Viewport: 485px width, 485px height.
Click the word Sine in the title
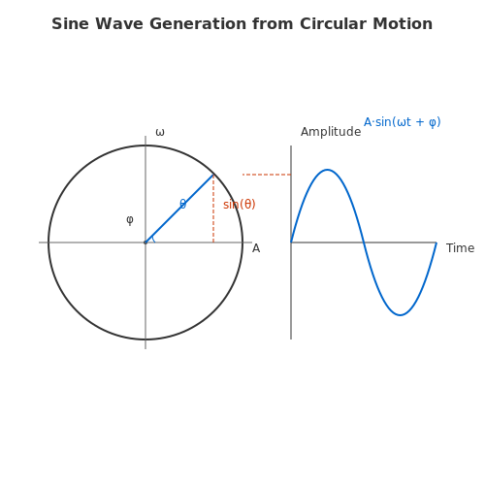click(x=71, y=24)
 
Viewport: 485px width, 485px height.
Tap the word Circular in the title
click(x=333, y=24)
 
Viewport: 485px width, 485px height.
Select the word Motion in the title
click(x=403, y=24)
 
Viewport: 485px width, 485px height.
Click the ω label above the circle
click(x=160, y=133)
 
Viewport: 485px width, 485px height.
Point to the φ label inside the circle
click(x=130, y=220)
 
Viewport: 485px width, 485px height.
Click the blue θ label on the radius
click(x=182, y=204)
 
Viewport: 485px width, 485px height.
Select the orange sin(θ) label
click(x=240, y=205)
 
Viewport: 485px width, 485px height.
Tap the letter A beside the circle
click(x=256, y=248)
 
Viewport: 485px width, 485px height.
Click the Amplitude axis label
click(x=331, y=132)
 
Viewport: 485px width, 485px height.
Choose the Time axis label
click(x=461, y=248)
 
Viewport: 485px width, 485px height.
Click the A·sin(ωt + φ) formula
click(x=403, y=122)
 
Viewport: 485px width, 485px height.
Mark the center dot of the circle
click(x=145, y=242)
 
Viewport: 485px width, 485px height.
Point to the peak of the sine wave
click(x=328, y=170)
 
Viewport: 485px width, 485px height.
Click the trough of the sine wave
click(x=401, y=315)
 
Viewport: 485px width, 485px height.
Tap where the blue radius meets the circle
click(x=213, y=175)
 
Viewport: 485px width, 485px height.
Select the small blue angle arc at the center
click(x=154, y=240)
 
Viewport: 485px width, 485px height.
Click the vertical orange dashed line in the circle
click(x=213, y=209)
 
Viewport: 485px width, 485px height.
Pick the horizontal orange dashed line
click(x=267, y=175)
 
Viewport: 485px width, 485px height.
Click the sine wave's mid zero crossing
click(x=364, y=242)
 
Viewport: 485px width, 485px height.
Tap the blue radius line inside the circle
click(x=179, y=209)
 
